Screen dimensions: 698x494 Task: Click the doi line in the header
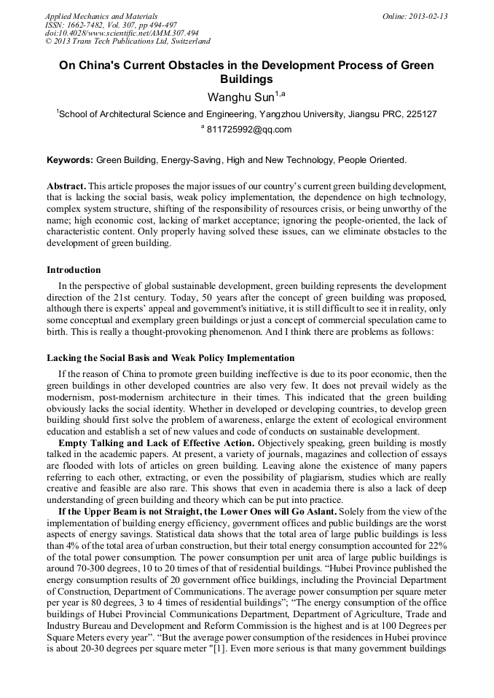pyautogui.click(x=122, y=33)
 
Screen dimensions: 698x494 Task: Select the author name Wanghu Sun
pyautogui.click(x=240, y=96)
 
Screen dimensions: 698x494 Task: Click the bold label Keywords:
pyautogui.click(x=70, y=159)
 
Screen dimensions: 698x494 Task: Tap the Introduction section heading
pyautogui.click(x=74, y=270)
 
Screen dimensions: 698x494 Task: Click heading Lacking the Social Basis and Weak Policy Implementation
pyautogui.click(x=170, y=358)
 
